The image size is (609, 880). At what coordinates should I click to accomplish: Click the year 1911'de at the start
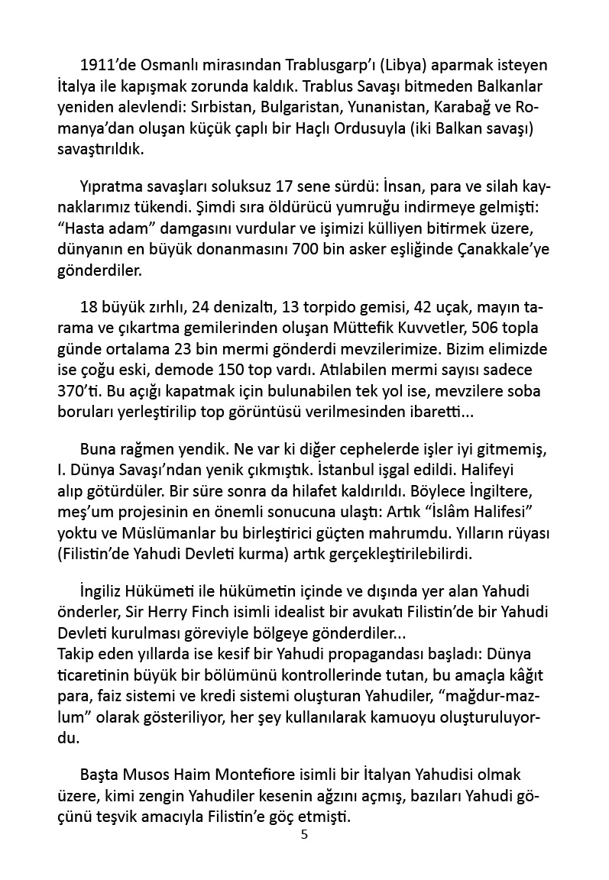point(109,65)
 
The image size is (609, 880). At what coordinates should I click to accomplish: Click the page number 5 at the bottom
point(305,834)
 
